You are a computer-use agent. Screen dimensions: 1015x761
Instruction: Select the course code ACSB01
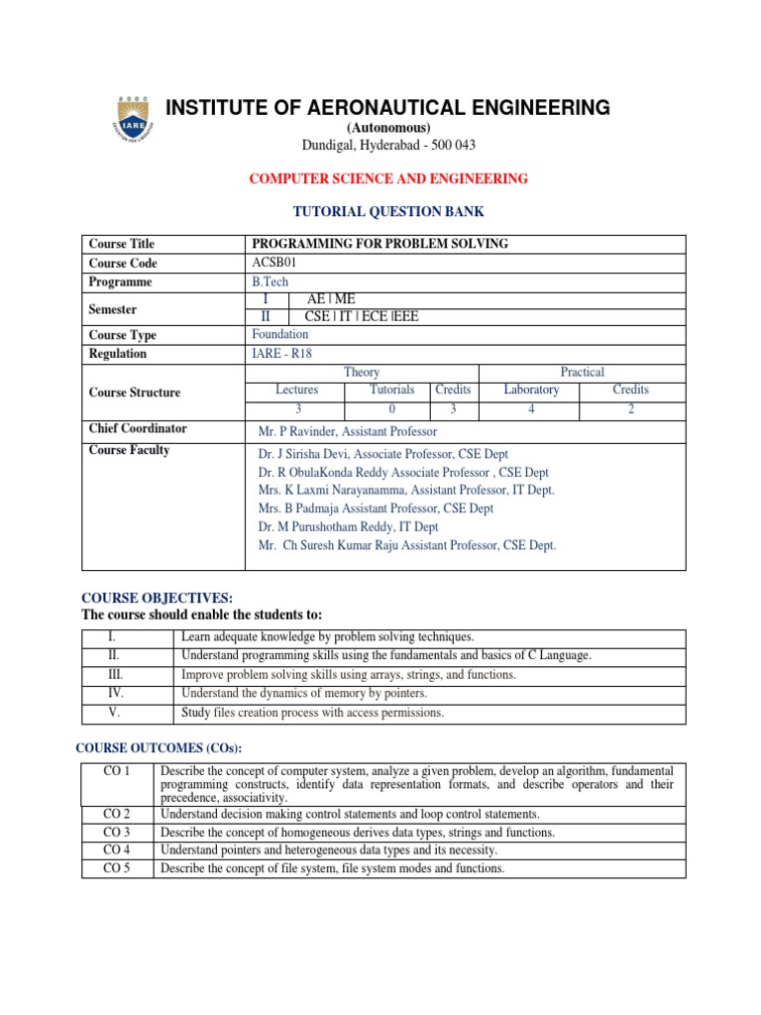point(274,263)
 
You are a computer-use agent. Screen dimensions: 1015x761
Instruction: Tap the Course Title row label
point(122,244)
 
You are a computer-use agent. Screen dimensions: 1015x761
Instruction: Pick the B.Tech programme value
point(271,282)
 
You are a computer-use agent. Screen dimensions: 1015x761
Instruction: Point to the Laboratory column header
point(531,390)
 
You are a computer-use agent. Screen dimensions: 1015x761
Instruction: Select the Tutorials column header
point(391,390)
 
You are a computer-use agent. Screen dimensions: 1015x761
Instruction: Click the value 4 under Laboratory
point(531,408)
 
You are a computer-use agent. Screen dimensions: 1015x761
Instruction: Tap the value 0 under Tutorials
point(391,408)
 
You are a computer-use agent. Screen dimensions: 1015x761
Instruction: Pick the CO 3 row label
point(117,832)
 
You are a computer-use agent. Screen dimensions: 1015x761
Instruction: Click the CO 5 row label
point(117,868)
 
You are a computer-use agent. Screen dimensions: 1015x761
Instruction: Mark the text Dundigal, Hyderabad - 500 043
point(388,145)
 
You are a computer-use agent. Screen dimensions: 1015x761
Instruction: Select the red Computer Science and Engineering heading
point(388,178)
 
